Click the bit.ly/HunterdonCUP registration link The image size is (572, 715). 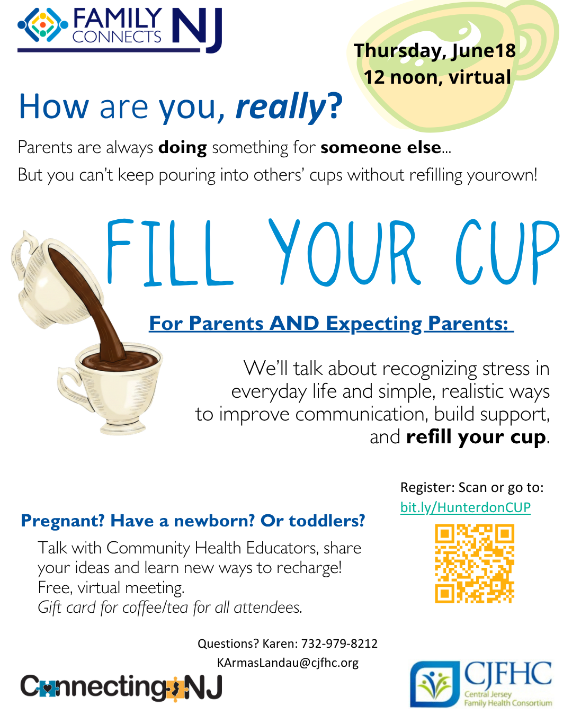pos(465,507)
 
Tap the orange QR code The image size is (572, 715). pos(475,563)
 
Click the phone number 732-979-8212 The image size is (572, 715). pos(339,643)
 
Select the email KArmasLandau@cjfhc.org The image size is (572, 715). pos(288,663)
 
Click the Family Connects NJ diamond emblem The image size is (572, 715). pos(42,24)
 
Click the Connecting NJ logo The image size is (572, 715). pos(121,688)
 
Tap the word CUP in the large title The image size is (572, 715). pos(507,253)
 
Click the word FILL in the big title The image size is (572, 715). pos(169,253)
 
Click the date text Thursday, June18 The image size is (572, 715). pos(435,50)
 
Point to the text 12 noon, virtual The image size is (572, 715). pos(437,77)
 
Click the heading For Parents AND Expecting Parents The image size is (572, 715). pos(331,323)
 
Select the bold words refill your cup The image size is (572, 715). pos(476,437)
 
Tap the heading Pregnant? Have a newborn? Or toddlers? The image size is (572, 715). pos(193,521)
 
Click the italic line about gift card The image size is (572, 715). pos(170,607)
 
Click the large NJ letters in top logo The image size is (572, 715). pos(197,29)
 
